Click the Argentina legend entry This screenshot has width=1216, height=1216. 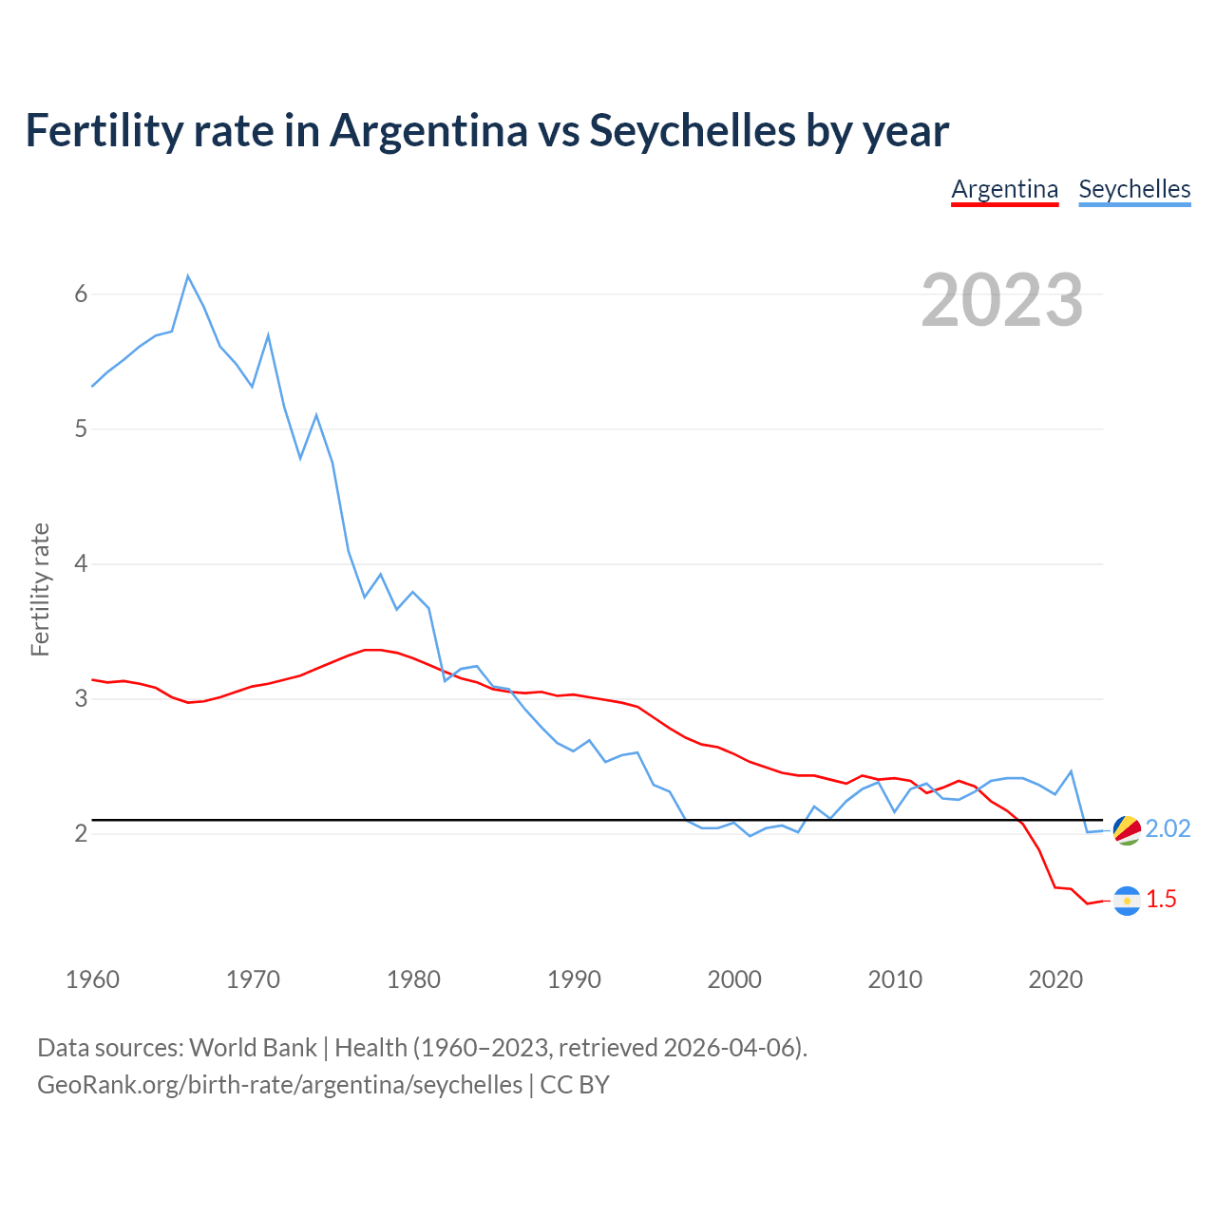click(x=1004, y=189)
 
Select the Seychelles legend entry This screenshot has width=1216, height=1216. click(x=1134, y=189)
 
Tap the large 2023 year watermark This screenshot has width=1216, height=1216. click(x=1002, y=300)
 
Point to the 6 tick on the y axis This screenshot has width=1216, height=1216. click(x=81, y=294)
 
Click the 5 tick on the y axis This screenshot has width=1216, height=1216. click(x=81, y=429)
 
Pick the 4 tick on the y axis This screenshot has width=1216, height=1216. click(x=81, y=564)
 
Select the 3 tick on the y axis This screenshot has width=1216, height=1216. click(x=81, y=699)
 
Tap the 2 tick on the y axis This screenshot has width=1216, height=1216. click(x=81, y=834)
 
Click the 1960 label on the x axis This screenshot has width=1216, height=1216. click(x=92, y=979)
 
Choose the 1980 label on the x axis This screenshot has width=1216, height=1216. click(x=413, y=979)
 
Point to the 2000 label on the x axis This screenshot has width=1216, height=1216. click(x=734, y=979)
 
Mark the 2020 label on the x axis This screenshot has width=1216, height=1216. click(x=1055, y=979)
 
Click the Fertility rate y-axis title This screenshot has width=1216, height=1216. click(x=40, y=589)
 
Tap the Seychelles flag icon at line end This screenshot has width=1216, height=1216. click(x=1127, y=829)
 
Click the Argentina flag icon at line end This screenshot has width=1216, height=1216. click(x=1127, y=901)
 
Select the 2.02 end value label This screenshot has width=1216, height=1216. click(x=1168, y=829)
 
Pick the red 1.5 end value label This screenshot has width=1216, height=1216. click(x=1161, y=900)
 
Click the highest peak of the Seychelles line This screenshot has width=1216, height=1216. click(x=188, y=276)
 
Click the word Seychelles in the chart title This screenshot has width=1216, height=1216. click(x=692, y=130)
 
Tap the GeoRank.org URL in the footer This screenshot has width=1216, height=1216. click(x=279, y=1085)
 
